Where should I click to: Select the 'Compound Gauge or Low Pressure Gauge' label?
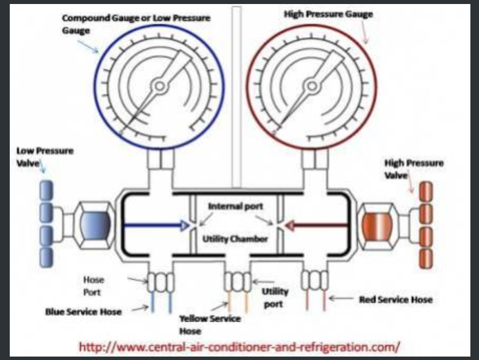(135, 23)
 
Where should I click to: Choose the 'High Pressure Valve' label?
(414, 168)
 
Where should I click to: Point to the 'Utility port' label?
(275, 298)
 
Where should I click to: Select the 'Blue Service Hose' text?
(84, 312)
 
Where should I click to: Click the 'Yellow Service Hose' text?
(210, 324)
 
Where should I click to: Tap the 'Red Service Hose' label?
(395, 299)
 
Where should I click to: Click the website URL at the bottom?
(239, 347)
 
